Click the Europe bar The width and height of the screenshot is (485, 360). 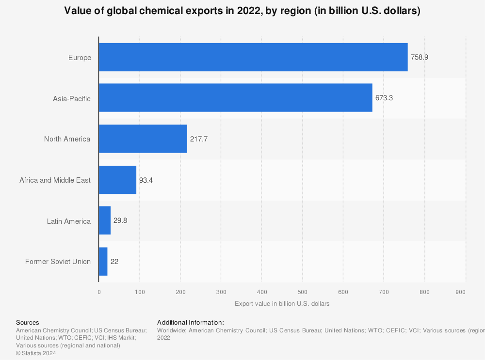pyautogui.click(x=253, y=57)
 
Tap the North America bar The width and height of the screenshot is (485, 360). pyautogui.click(x=143, y=139)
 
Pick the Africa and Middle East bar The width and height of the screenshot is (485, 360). pyautogui.click(x=117, y=180)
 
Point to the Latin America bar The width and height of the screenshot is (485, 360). pyautogui.click(x=105, y=221)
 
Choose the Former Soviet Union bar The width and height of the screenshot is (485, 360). pyautogui.click(x=103, y=262)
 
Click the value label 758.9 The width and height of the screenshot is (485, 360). pyautogui.click(x=420, y=57)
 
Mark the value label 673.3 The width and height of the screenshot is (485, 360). pyautogui.click(x=384, y=98)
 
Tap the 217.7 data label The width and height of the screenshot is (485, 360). pyautogui.click(x=199, y=139)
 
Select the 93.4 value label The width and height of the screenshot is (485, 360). pyautogui.click(x=146, y=180)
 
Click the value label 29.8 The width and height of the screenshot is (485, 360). pyautogui.click(x=120, y=221)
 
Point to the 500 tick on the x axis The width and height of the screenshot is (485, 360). pyautogui.click(x=302, y=292)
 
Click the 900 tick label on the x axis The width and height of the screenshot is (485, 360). pyautogui.click(x=461, y=292)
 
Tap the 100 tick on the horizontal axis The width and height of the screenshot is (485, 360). pyautogui.click(x=140, y=292)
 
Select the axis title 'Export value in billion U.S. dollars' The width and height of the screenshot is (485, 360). pyautogui.click(x=282, y=304)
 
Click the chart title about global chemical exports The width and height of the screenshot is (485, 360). pyautogui.click(x=242, y=11)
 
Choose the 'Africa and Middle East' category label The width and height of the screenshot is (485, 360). pyautogui.click(x=55, y=180)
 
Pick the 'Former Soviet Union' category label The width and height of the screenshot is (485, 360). pyautogui.click(x=58, y=262)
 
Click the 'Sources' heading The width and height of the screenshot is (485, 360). pyautogui.click(x=28, y=322)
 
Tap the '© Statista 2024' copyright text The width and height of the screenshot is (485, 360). pyautogui.click(x=36, y=353)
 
